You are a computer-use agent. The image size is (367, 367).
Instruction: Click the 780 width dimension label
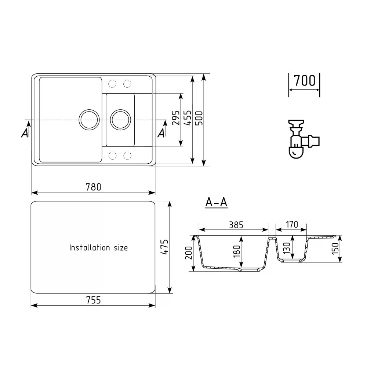tap(93, 187)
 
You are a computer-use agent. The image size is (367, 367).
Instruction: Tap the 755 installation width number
tap(93, 300)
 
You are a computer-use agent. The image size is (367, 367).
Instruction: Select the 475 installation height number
tap(164, 247)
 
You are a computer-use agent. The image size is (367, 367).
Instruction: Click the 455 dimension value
tap(188, 118)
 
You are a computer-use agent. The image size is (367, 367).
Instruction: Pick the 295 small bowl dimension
tap(176, 118)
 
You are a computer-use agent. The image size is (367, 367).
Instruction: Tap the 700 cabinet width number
tap(305, 80)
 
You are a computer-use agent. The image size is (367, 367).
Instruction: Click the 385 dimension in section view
tap(236, 225)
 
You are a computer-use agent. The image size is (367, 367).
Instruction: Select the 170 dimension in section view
tap(292, 224)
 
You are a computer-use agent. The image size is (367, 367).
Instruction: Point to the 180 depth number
tap(237, 251)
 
